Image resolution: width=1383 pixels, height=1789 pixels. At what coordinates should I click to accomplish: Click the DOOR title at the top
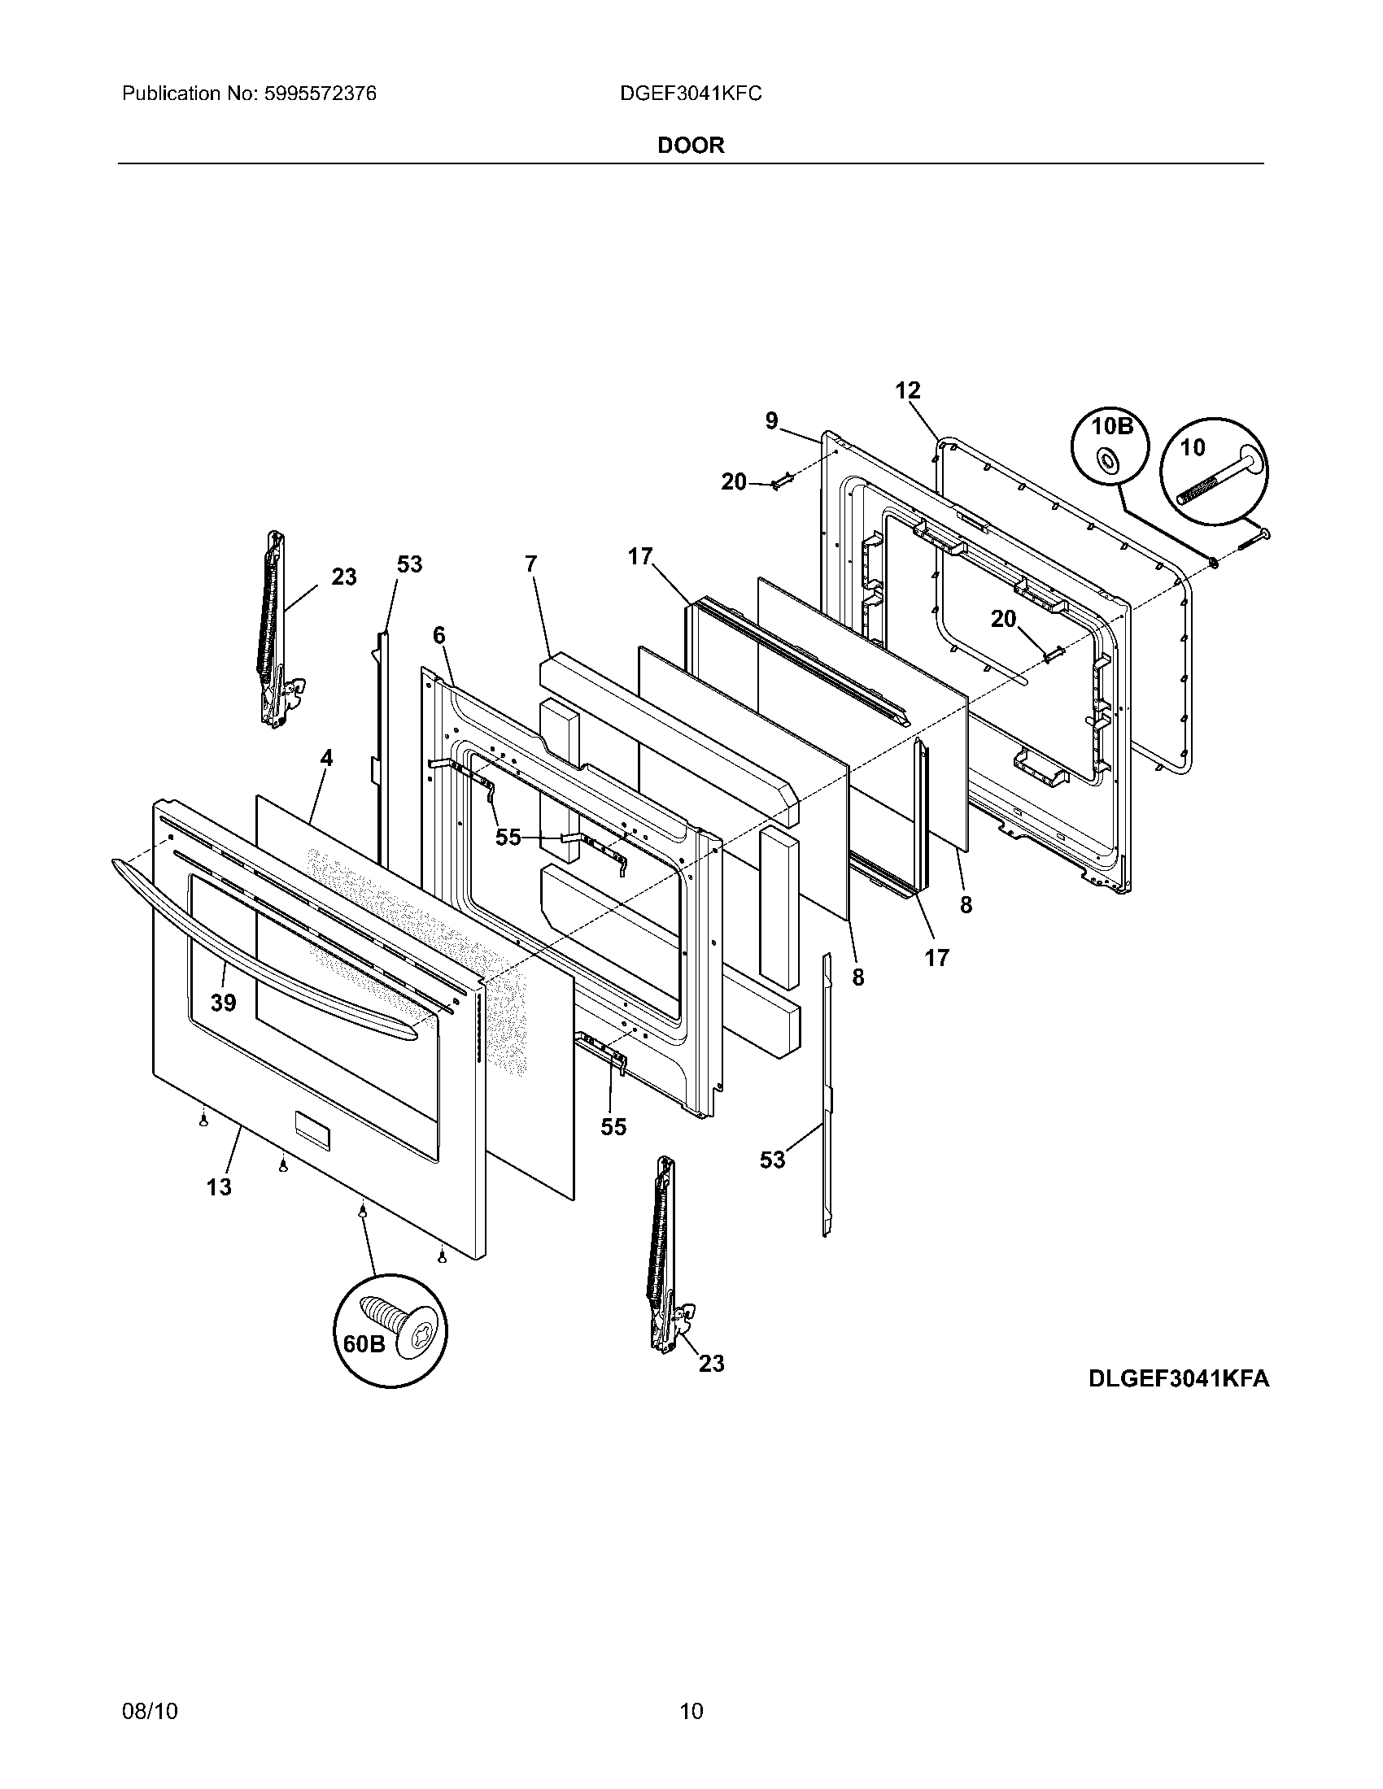point(691,145)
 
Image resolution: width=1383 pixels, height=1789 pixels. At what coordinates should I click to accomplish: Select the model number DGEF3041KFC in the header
point(691,94)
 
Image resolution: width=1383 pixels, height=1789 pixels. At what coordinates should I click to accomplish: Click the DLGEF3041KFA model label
point(1179,1378)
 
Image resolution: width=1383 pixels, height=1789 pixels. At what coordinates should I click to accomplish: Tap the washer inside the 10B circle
point(1109,462)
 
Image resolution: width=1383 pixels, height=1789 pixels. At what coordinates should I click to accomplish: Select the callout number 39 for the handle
point(223,1003)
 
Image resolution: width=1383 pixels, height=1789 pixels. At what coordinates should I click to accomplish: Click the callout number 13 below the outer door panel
point(219,1186)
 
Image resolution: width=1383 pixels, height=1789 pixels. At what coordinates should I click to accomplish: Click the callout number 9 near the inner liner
point(772,421)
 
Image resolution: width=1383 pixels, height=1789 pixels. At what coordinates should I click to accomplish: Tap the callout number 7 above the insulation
point(531,564)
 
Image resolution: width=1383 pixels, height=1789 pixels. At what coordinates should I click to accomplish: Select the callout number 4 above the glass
point(326,758)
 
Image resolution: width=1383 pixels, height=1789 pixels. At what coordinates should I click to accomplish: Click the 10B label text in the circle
point(1112,427)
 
